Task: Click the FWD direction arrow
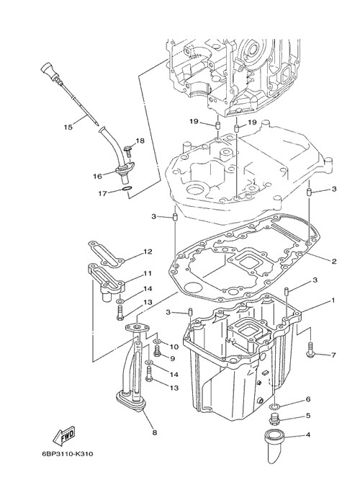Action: tap(64, 435)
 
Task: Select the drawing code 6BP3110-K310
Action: tap(68, 454)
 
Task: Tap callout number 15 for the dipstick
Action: tap(68, 127)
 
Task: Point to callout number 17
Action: tap(102, 192)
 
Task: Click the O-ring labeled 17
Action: tap(126, 190)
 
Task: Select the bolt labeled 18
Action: tap(129, 150)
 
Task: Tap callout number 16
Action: tap(97, 176)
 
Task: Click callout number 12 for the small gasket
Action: tap(148, 252)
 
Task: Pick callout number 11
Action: tap(147, 273)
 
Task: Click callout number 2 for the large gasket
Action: tap(333, 262)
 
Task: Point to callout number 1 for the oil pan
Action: tap(333, 300)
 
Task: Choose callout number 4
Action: tap(307, 435)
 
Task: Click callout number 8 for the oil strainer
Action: tap(155, 432)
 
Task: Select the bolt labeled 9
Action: tap(157, 351)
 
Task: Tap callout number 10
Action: tap(174, 347)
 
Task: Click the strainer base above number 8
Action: tap(130, 401)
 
